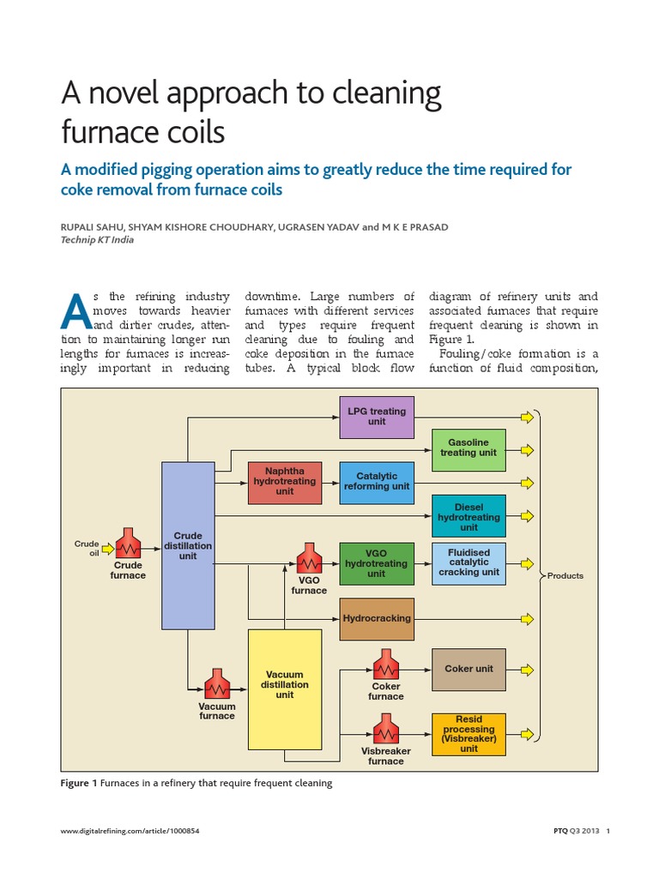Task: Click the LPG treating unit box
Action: pyautogui.click(x=377, y=417)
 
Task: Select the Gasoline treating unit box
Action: pyautogui.click(x=469, y=448)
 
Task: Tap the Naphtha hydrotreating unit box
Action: pyautogui.click(x=285, y=482)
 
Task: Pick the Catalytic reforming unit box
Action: pyautogui.click(x=377, y=482)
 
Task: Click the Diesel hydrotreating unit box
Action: pyautogui.click(x=469, y=517)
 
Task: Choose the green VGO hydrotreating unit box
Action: pyautogui.click(x=377, y=563)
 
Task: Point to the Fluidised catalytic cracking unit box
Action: pyautogui.click(x=469, y=562)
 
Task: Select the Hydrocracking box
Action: pyautogui.click(x=377, y=618)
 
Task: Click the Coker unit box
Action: pyautogui.click(x=469, y=669)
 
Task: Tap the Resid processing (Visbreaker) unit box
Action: pyautogui.click(x=469, y=734)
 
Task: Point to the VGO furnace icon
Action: pyautogui.click(x=308, y=562)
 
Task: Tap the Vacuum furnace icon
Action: pyautogui.click(x=217, y=688)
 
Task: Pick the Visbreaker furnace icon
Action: pyautogui.click(x=385, y=732)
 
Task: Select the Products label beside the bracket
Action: pyautogui.click(x=565, y=576)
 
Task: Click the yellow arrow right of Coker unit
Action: pyautogui.click(x=527, y=669)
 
